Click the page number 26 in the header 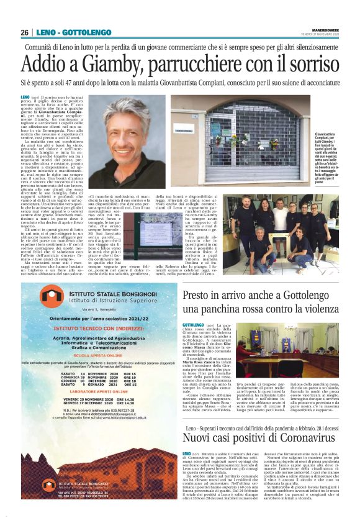tap(25, 33)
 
